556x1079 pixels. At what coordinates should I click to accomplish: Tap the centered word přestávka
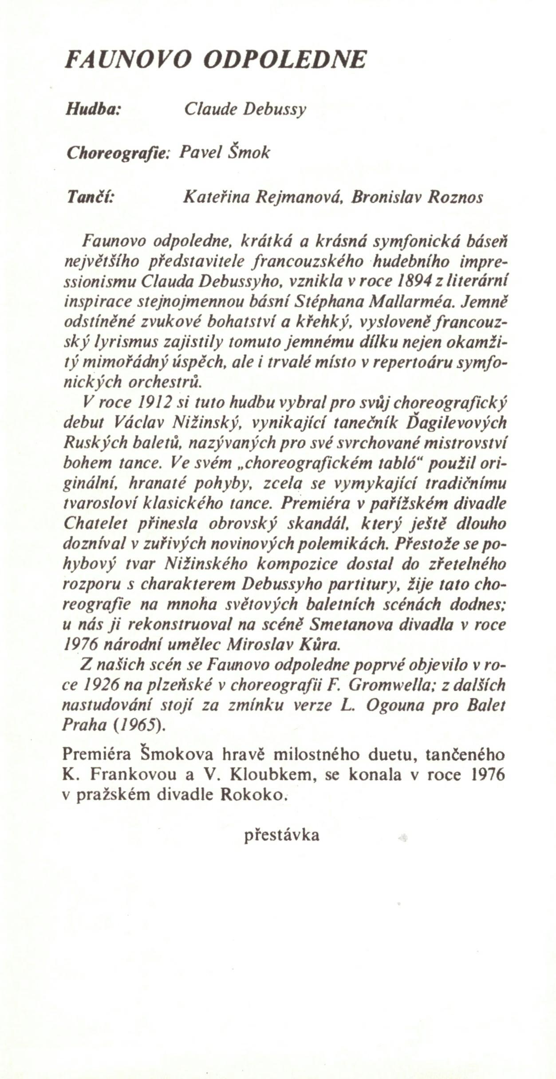point(281,835)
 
